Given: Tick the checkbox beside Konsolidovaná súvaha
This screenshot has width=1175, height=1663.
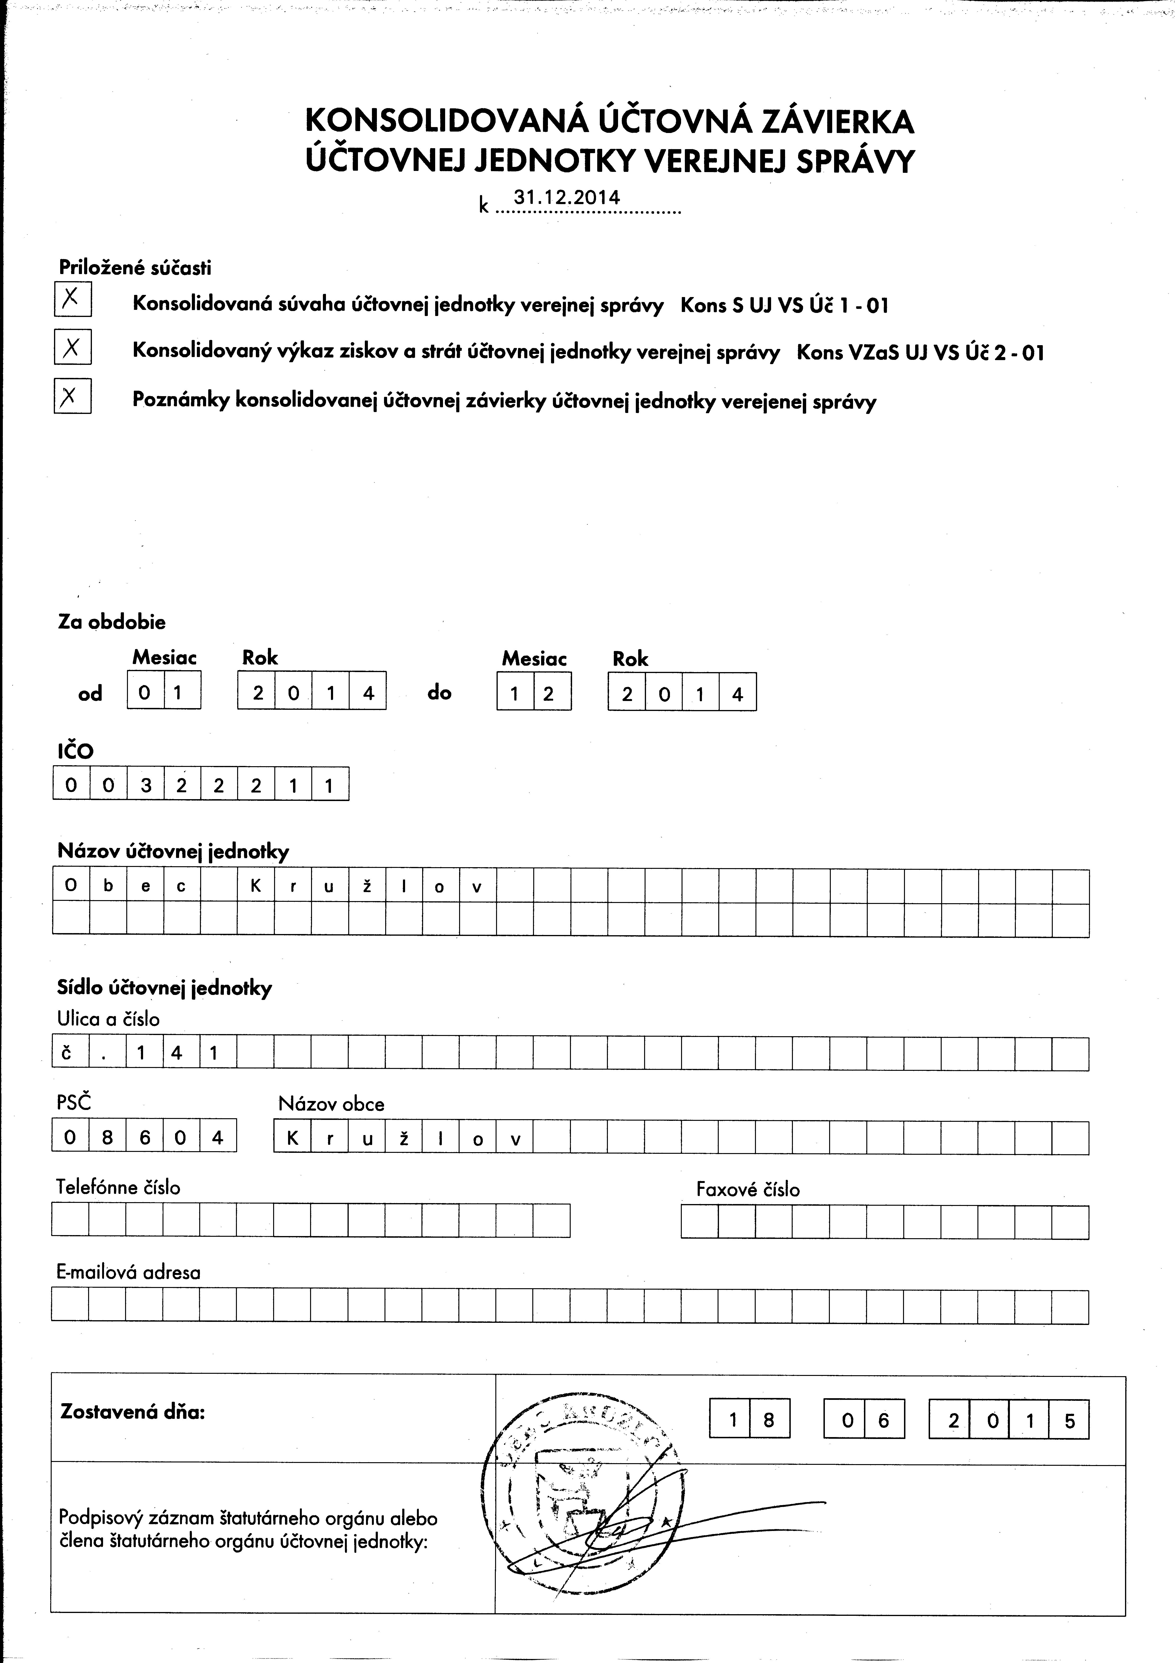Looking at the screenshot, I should [x=72, y=298].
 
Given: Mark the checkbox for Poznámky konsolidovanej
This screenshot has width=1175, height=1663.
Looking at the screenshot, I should [x=72, y=396].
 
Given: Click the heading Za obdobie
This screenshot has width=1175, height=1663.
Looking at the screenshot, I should [x=112, y=622].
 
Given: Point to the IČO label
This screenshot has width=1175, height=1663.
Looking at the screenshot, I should [x=75, y=751].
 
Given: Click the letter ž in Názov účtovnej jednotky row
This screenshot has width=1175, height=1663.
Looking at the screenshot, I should [x=367, y=887].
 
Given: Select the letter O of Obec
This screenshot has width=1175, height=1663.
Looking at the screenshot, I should [x=71, y=887].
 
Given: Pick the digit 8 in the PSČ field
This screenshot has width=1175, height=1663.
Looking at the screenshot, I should [x=108, y=1138].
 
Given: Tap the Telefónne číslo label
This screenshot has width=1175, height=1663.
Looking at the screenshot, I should [x=118, y=1187].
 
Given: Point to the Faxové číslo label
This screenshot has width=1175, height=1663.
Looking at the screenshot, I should [x=748, y=1189].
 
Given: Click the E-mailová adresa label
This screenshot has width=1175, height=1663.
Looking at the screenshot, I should [x=128, y=1273].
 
